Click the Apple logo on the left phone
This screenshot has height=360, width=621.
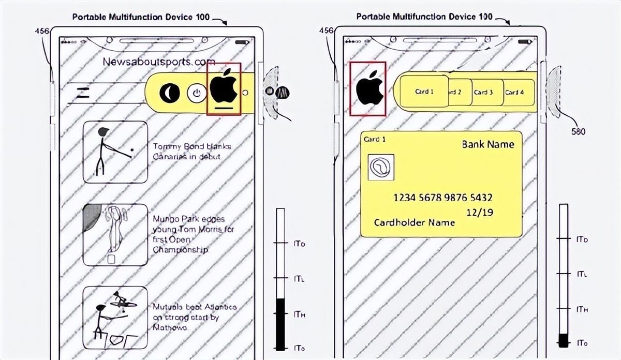[x=224, y=87]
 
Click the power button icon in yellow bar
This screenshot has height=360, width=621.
[x=196, y=93]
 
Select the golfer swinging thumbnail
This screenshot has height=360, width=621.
[x=115, y=152]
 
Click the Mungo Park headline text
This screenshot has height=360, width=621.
[x=189, y=234]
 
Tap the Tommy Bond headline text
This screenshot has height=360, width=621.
[x=192, y=151]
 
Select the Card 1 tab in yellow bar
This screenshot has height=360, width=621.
[x=424, y=92]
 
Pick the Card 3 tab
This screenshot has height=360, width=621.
[x=484, y=92]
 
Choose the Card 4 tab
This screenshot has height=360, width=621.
[x=514, y=92]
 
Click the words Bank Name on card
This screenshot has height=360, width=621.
[x=488, y=144]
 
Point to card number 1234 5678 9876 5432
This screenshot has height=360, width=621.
[x=442, y=198]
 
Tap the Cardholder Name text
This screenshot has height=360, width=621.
[x=415, y=222]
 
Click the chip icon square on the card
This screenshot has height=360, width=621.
[x=381, y=167]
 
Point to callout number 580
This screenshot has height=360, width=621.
[x=578, y=131]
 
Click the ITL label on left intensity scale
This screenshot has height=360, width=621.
[x=299, y=279]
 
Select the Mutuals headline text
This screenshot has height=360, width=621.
[x=194, y=317]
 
